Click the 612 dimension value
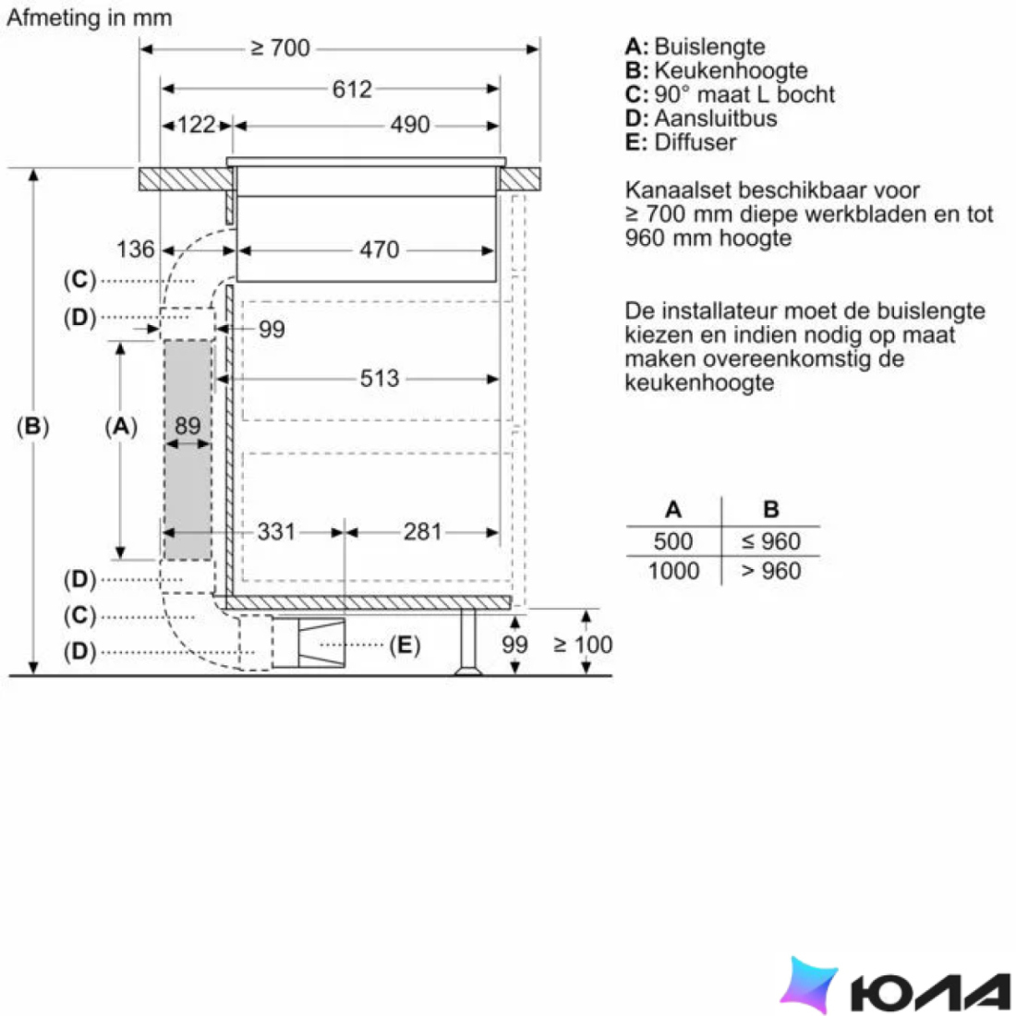pos(352,89)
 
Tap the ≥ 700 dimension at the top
pos(280,48)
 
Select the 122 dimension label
pos(196,125)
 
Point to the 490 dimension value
pos(409,125)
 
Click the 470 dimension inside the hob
pos(379,249)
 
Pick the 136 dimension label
pos(136,248)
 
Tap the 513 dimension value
pos(379,378)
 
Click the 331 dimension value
pos(276,531)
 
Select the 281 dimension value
pos(422,531)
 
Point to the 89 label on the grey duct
pos(187,425)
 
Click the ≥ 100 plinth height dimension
pos(583,644)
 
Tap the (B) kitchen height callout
pos(32,426)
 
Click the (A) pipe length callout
pos(121,426)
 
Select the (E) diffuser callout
pos(405,645)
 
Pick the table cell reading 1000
pos(674,571)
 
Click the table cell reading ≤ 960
pos(771,541)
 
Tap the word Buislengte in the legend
pos(709,47)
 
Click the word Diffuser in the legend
pos(695,142)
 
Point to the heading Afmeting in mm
pos(90,18)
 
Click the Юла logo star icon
pos(809,983)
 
